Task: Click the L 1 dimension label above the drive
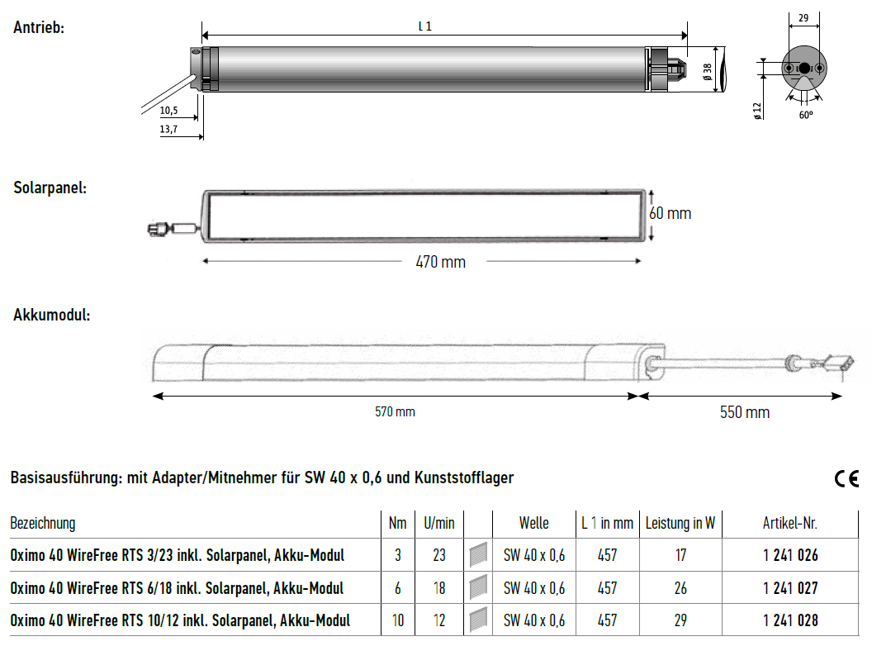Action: pos(425,26)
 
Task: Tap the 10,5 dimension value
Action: pos(168,110)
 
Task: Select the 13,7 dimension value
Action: pos(168,129)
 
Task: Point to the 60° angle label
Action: pos(806,115)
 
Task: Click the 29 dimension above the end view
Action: pos(803,18)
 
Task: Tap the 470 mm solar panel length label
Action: pos(440,262)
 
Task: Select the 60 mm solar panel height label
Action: pos(671,214)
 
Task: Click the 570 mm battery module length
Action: pos(395,411)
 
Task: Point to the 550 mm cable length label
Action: pos(745,412)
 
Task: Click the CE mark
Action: pos(846,478)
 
